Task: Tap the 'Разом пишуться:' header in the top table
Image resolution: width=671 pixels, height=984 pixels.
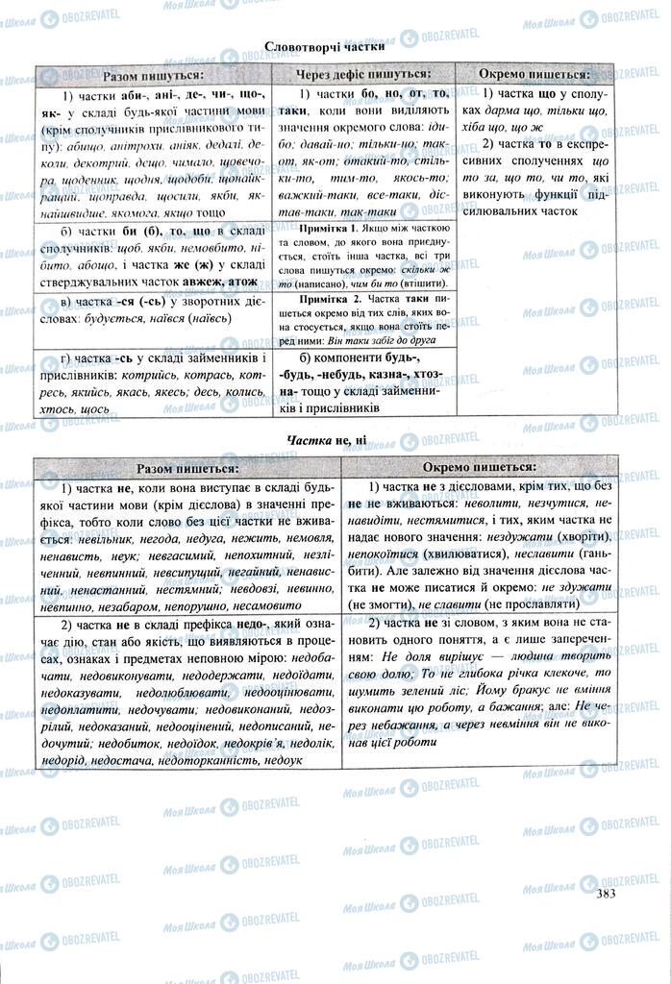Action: click(x=155, y=74)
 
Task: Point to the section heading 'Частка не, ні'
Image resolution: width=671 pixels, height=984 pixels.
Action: click(x=326, y=441)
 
